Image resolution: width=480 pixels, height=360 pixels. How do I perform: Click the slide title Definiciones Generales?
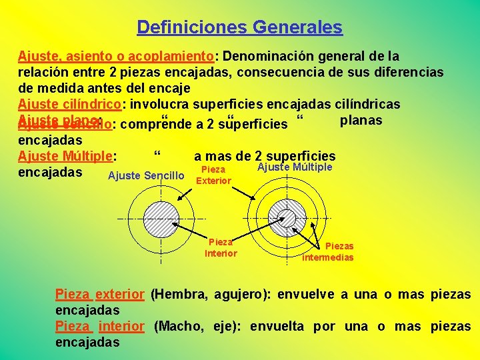point(239,27)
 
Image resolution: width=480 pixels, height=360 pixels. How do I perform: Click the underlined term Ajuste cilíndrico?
point(69,104)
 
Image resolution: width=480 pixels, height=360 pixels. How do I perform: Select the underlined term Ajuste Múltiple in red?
point(66,157)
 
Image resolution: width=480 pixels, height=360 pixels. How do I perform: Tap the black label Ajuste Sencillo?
point(145,175)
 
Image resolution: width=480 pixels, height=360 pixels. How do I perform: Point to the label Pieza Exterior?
point(213,175)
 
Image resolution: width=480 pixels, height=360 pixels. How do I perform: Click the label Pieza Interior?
point(221,247)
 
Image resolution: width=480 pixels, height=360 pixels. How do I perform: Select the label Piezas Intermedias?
point(328,251)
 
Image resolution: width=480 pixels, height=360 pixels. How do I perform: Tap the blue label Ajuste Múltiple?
point(294,167)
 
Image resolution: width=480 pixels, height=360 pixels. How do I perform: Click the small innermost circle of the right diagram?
point(287,217)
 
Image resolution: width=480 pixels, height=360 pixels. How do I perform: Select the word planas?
point(361,120)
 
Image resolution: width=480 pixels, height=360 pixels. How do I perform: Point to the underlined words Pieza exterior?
point(99,294)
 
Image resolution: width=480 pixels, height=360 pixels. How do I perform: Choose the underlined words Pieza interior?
point(99,326)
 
